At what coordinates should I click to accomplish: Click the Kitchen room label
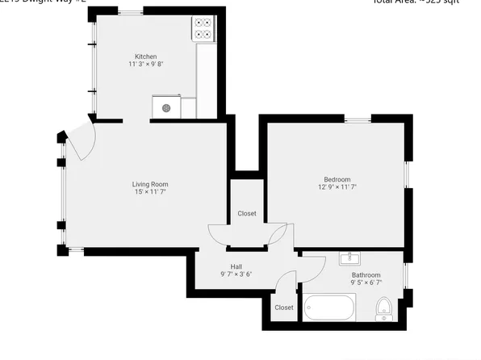click(x=146, y=57)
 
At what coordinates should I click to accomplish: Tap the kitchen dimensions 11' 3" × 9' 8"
click(x=146, y=64)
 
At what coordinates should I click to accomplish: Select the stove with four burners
click(x=203, y=29)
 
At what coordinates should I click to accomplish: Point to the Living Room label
click(x=150, y=184)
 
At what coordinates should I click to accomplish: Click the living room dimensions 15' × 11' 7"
click(x=150, y=192)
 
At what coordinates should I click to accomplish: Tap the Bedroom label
click(x=337, y=179)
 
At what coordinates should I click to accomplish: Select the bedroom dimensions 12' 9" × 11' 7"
click(x=337, y=186)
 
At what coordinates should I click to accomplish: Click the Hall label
click(x=236, y=266)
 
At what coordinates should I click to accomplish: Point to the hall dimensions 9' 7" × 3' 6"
click(x=236, y=274)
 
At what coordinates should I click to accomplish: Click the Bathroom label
click(x=366, y=275)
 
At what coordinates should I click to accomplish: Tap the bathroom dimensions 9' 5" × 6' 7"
click(x=366, y=283)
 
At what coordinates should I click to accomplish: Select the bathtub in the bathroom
click(x=329, y=308)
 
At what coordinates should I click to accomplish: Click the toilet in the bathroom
click(x=384, y=308)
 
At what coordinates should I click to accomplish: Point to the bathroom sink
click(x=350, y=259)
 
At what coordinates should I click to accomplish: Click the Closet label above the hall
click(x=247, y=214)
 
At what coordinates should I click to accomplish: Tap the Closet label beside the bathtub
click(x=284, y=308)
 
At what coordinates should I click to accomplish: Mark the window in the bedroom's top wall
click(x=358, y=120)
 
